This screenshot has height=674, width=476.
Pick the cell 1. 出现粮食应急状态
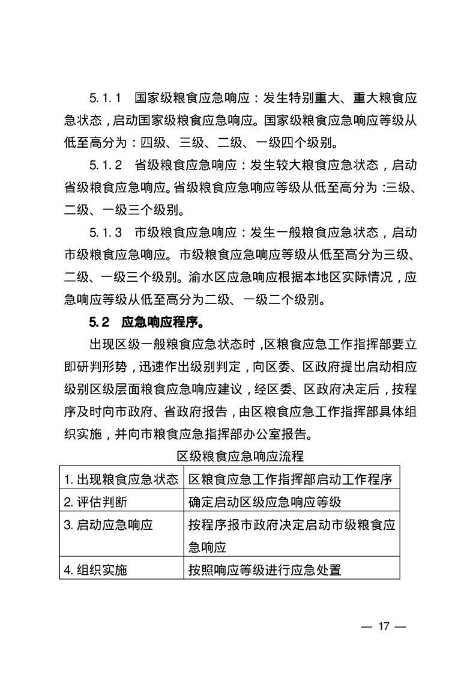121,479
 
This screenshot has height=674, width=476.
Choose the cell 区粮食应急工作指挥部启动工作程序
290,479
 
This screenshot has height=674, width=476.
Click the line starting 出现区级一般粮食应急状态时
252,344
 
